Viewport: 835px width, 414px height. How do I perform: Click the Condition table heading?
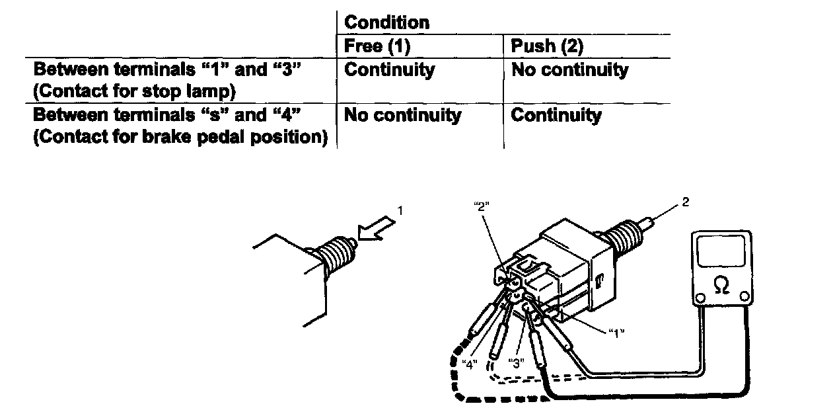pos(386,22)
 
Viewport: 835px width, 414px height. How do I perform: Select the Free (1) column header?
pos(372,46)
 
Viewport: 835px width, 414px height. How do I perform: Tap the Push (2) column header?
pos(547,46)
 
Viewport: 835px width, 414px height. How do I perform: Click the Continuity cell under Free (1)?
pos(390,69)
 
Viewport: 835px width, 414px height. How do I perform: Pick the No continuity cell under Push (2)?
pos(569,69)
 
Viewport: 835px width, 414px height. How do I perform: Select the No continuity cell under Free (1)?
pos(402,115)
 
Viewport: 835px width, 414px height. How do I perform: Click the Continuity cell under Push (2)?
pos(556,115)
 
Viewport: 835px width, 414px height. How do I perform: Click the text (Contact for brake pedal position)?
pos(180,138)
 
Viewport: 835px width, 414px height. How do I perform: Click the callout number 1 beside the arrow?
pos(399,211)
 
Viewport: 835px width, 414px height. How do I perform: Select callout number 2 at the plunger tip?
pos(685,201)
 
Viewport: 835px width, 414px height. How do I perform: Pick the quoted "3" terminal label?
pos(517,362)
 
